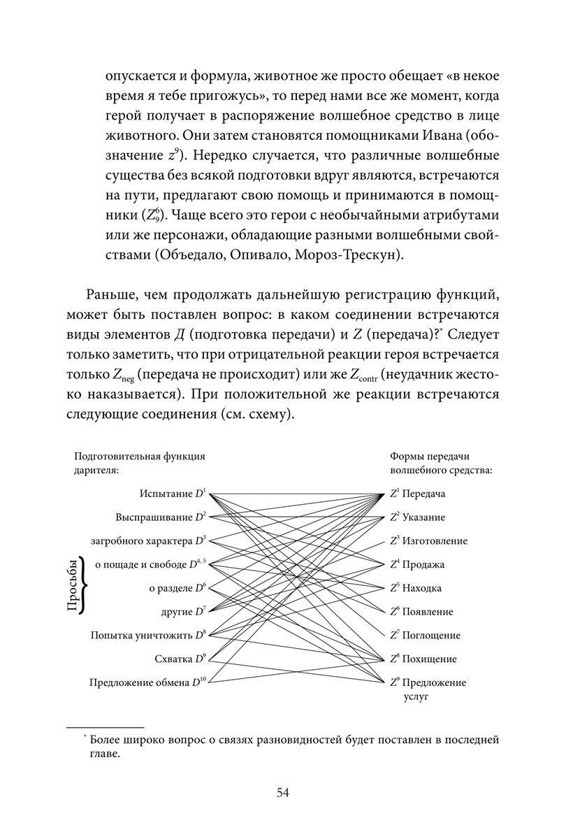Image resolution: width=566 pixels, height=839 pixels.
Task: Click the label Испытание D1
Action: pyautogui.click(x=173, y=494)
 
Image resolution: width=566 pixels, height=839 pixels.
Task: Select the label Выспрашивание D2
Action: pyautogui.click(x=161, y=517)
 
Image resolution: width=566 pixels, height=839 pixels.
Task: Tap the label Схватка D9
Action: pyautogui.click(x=180, y=659)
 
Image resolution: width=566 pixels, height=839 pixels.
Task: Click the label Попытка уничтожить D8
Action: pyautogui.click(x=149, y=636)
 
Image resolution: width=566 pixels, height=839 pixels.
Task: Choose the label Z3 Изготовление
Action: pyautogui.click(x=428, y=541)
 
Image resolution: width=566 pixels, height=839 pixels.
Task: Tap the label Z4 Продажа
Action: pyautogui.click(x=417, y=564)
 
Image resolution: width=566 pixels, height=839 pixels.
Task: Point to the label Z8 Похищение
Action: pyautogui.click(x=423, y=659)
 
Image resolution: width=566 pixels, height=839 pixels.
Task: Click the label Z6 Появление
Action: pyautogui.click(x=421, y=612)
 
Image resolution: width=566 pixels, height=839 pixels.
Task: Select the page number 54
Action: pyautogui.click(x=282, y=792)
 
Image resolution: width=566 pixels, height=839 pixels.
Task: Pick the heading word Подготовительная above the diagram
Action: pyautogui.click(x=113, y=456)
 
